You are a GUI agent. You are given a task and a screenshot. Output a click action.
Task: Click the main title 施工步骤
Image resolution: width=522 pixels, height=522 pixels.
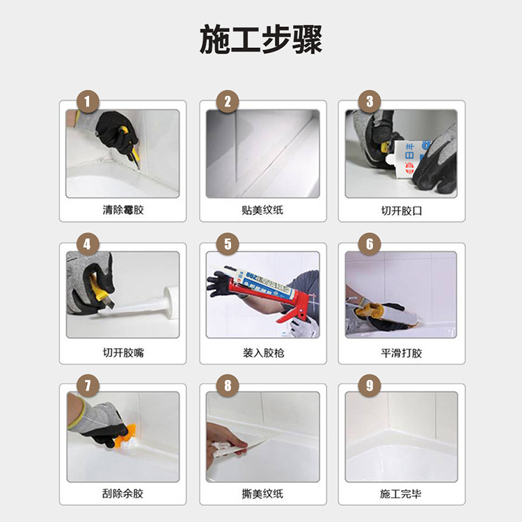(x=261, y=40)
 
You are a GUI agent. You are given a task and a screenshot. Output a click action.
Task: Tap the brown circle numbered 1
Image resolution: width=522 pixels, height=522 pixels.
(x=88, y=102)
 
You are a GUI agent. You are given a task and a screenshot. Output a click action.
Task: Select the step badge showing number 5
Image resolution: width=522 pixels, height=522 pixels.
(x=228, y=244)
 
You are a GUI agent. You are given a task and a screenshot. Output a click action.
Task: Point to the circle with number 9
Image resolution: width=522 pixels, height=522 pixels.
(x=370, y=386)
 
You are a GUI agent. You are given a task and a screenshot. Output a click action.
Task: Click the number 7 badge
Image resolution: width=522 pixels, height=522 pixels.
(x=88, y=386)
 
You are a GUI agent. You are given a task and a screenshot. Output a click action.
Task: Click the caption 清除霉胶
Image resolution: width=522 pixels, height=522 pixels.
(x=123, y=210)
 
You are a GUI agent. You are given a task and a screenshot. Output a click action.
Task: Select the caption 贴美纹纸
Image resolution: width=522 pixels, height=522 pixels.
(x=262, y=210)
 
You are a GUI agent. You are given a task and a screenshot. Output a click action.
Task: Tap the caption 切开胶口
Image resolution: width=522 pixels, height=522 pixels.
(x=402, y=211)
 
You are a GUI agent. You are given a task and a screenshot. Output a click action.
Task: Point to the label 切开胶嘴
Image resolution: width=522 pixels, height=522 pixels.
(x=123, y=353)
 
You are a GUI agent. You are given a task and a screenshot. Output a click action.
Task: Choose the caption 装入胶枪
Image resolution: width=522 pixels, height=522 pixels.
(x=263, y=353)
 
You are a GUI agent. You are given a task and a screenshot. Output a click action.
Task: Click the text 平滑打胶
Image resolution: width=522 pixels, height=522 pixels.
(x=402, y=353)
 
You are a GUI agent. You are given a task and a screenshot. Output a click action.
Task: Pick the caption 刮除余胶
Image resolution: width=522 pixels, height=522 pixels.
(x=122, y=493)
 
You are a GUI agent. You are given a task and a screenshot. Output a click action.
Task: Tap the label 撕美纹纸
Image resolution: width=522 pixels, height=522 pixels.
(x=262, y=493)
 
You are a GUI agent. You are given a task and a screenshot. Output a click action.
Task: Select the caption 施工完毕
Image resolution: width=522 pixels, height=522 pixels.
(x=401, y=493)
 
